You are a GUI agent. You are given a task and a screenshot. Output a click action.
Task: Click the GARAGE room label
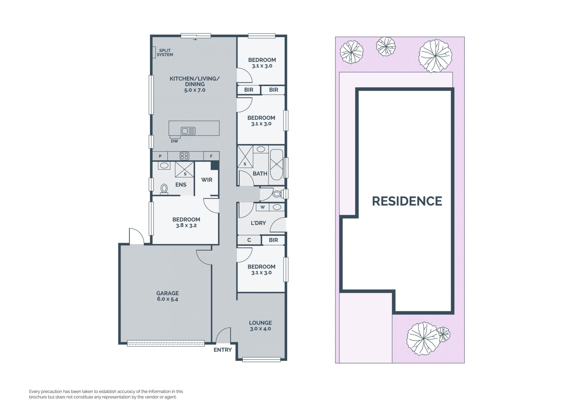pyautogui.click(x=167, y=293)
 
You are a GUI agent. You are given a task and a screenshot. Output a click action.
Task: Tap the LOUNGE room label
pyautogui.click(x=260, y=323)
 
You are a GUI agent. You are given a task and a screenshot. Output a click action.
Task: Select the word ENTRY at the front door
pyautogui.click(x=223, y=350)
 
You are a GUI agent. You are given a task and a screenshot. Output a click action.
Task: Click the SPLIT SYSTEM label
pyautogui.click(x=165, y=53)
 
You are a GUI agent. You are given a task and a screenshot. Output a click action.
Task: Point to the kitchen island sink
pyautogui.click(x=188, y=131)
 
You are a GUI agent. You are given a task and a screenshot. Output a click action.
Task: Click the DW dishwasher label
pyautogui.click(x=174, y=141)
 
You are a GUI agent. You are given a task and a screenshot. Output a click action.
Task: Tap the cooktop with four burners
pyautogui.click(x=184, y=156)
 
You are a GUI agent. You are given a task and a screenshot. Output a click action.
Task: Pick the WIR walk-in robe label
pyautogui.click(x=207, y=180)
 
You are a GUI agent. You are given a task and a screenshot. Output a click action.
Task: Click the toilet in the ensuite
pyautogui.click(x=164, y=189)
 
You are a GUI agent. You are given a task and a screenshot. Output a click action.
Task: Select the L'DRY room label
pyautogui.click(x=258, y=223)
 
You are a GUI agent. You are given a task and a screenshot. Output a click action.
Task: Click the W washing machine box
pyautogui.click(x=263, y=207)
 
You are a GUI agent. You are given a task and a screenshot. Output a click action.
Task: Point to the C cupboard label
pyautogui.click(x=249, y=240)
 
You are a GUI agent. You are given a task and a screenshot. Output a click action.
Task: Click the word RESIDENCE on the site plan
pyautogui.click(x=407, y=201)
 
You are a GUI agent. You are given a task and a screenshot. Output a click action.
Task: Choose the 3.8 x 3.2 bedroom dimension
pyautogui.click(x=186, y=226)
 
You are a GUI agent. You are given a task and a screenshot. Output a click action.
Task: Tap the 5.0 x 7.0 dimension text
pyautogui.click(x=195, y=90)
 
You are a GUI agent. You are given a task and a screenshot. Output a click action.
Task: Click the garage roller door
pyautogui.click(x=166, y=343)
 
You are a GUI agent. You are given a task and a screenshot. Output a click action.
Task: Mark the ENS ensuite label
pyautogui.click(x=181, y=185)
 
